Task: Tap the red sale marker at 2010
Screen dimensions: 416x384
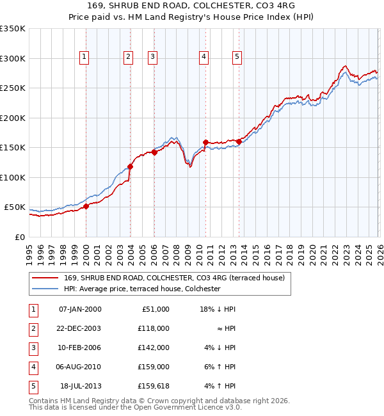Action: pos(205,142)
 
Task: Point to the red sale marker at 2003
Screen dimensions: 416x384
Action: pos(130,166)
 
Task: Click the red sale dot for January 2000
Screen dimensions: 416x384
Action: pos(86,207)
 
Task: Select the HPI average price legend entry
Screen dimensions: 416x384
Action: pos(142,289)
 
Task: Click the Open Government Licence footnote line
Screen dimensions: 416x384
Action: pos(136,406)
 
